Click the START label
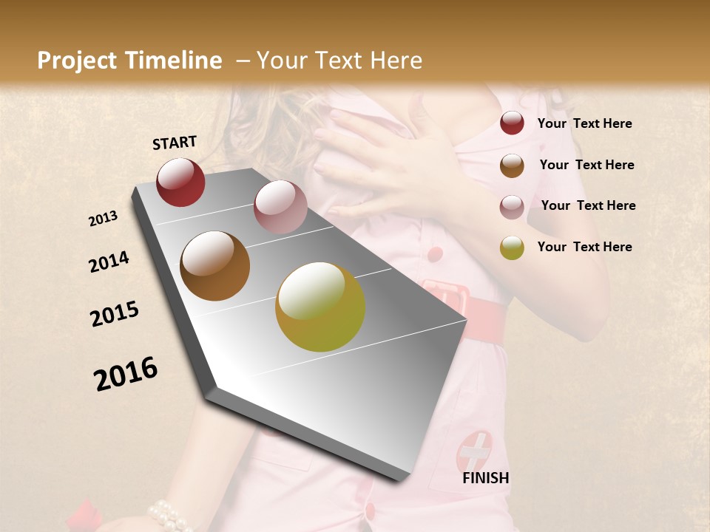coord(175,143)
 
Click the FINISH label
coord(485,478)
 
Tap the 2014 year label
coord(109,262)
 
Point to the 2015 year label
coord(115,314)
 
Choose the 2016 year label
coord(126,374)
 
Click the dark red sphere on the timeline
coord(180,182)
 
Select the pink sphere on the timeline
coord(280,207)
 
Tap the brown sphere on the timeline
coord(215,265)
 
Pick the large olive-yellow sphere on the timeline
coord(320,307)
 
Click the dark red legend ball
coord(512,123)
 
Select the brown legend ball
coord(512,165)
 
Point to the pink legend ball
coord(512,206)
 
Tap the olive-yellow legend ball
coord(512,248)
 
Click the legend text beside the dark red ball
coord(584,123)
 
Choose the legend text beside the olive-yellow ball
coord(584,247)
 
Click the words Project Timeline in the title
coord(129,61)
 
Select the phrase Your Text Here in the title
coord(339,61)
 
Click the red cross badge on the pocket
coord(474,451)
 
